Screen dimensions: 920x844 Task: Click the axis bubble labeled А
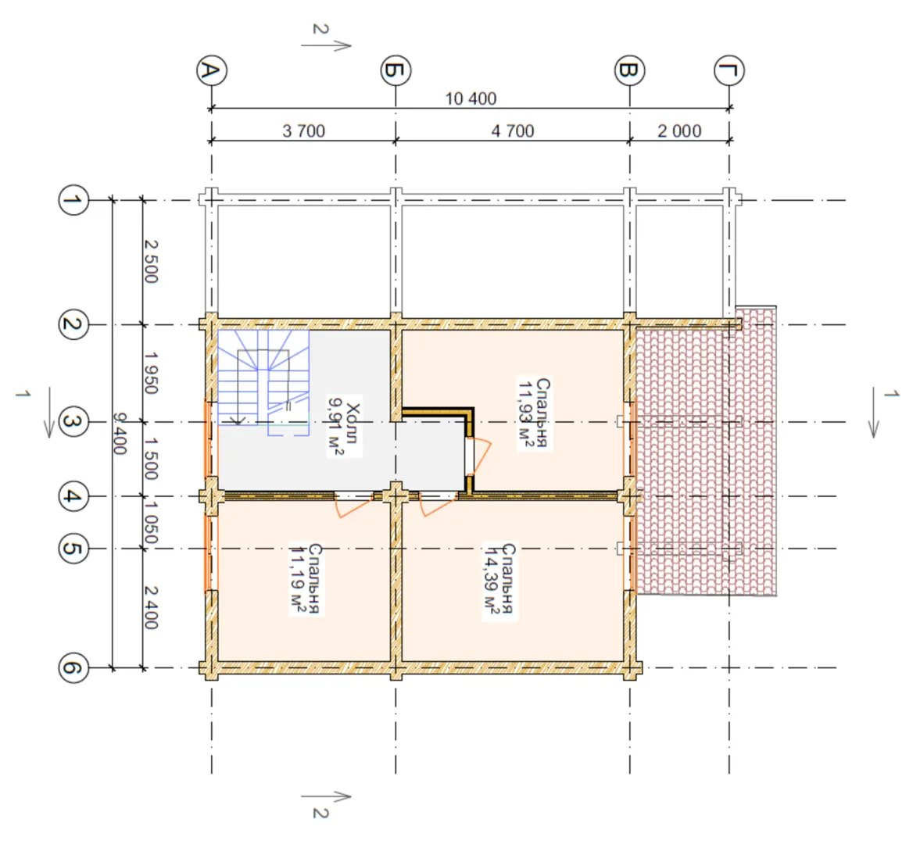coord(212,70)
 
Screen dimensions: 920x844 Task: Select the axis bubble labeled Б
coord(396,70)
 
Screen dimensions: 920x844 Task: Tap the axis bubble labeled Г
coord(729,70)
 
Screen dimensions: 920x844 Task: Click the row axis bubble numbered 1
coord(73,200)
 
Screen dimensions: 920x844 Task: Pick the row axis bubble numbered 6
coord(73,667)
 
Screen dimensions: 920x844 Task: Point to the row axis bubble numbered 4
coord(73,496)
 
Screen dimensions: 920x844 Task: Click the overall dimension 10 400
coord(471,98)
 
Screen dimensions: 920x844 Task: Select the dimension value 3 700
coord(303,131)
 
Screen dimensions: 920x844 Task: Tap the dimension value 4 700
coord(513,131)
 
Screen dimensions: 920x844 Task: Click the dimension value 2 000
coord(679,131)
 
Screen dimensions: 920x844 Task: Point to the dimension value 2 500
coord(152,262)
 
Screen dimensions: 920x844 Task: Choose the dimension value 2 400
coord(152,608)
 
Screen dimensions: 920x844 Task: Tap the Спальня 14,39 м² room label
coord(500,580)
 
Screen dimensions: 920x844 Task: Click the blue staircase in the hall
coord(263,382)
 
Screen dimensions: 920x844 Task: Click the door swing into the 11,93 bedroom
coord(480,455)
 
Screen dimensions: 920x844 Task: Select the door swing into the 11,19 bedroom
coord(354,505)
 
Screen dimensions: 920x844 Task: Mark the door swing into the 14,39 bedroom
coord(439,505)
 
